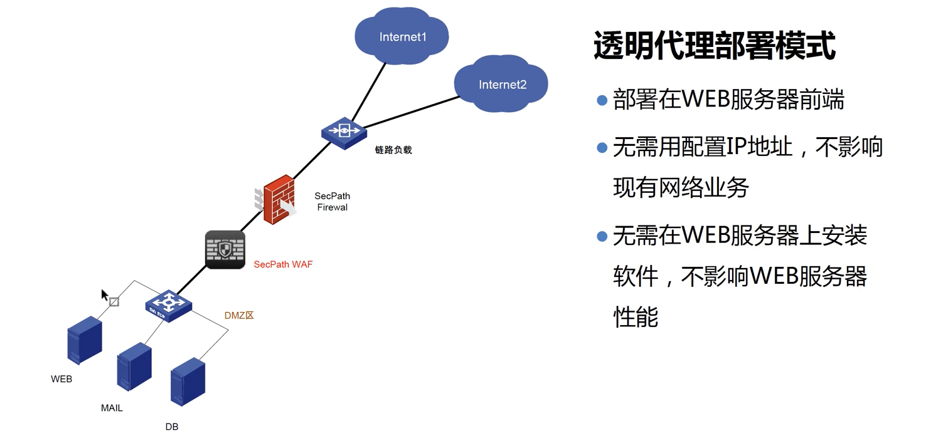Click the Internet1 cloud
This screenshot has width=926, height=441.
[x=402, y=37]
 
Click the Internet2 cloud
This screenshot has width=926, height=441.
[x=502, y=84]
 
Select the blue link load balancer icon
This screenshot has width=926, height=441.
[x=343, y=132]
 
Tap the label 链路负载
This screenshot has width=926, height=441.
[x=393, y=150]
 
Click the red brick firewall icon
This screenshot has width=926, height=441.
[x=279, y=200]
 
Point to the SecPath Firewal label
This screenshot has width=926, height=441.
[x=332, y=202]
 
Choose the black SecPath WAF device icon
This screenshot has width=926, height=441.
[x=225, y=250]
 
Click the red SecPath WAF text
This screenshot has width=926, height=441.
[x=283, y=264]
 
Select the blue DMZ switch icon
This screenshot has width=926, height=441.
[x=168, y=304]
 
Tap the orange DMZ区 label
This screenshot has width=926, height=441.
[x=239, y=316]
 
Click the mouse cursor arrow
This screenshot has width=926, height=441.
[x=105, y=295]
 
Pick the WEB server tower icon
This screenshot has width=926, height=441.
[x=84, y=340]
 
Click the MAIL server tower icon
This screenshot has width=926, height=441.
[x=134, y=367]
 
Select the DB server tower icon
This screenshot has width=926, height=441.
[x=188, y=381]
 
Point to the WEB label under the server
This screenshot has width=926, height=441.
[x=61, y=379]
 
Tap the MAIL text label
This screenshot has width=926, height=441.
[x=112, y=408]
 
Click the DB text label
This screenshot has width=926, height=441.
[x=172, y=427]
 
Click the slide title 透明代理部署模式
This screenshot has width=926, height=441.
[x=714, y=46]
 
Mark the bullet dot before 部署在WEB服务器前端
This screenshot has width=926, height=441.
[x=602, y=100]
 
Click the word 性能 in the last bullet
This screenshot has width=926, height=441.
[x=635, y=316]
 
